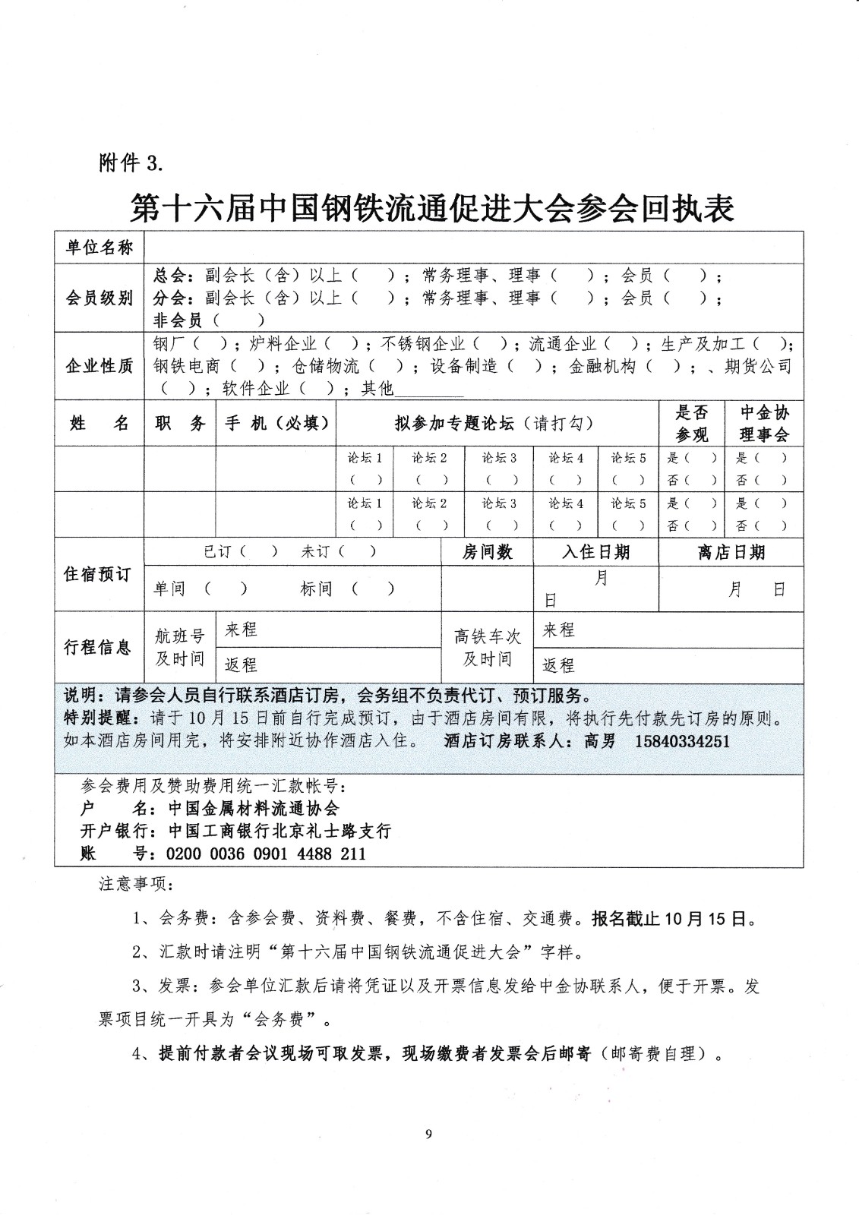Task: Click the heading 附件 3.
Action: tap(131, 163)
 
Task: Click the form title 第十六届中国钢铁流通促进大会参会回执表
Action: tap(432, 207)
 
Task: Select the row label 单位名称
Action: tap(99, 248)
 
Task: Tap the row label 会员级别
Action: tap(99, 298)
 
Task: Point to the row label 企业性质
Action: tap(99, 366)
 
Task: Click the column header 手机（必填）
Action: tap(276, 423)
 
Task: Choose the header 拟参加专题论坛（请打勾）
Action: tap(494, 423)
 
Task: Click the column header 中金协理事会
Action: tap(764, 423)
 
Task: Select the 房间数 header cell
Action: tap(487, 552)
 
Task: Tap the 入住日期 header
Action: tap(595, 552)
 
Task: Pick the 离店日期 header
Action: tap(731, 552)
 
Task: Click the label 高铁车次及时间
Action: tap(487, 647)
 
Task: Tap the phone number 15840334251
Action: tap(681, 740)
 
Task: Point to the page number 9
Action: tap(429, 1135)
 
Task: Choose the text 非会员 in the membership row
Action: tap(179, 321)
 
